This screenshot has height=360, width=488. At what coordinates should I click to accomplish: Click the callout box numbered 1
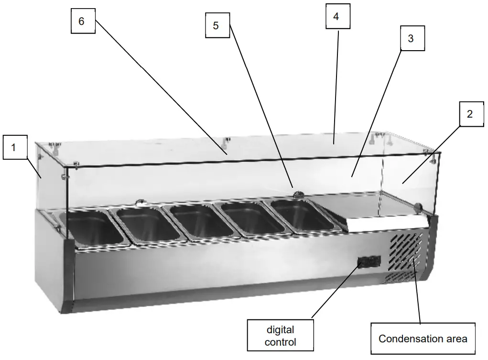coord(14,147)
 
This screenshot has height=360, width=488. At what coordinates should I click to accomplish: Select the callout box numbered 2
coord(470,114)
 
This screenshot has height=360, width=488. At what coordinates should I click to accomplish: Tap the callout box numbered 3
coord(411,39)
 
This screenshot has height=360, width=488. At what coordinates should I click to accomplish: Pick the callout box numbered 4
coord(336,17)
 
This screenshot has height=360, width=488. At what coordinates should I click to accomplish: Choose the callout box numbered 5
coord(216,25)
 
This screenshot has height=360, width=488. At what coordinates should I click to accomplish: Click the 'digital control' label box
coord(280,336)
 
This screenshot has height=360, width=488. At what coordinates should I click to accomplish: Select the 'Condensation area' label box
coord(423,339)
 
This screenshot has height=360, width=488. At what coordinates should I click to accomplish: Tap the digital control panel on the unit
coord(370,262)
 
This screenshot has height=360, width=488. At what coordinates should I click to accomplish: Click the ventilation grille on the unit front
coord(406,254)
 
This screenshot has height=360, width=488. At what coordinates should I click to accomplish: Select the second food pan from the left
coord(147,224)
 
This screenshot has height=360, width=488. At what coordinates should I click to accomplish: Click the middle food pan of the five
coord(198,221)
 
